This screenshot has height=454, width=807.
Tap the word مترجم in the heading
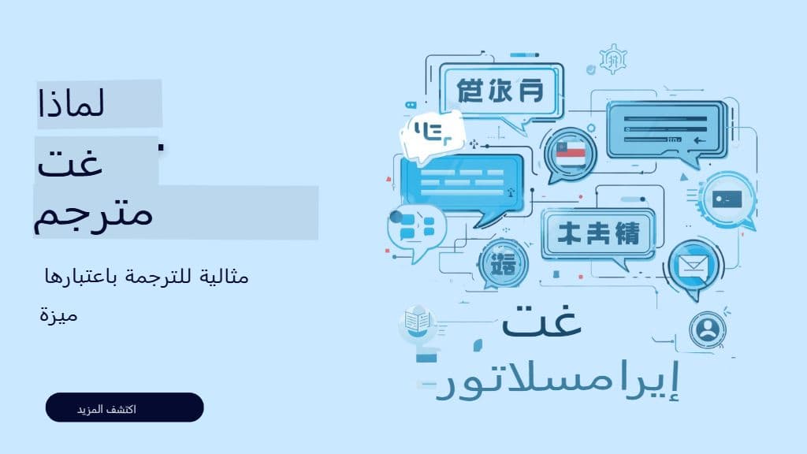94,212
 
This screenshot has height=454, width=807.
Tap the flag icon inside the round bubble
571,151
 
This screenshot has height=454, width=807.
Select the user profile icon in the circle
707,329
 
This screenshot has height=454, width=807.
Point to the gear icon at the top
612,59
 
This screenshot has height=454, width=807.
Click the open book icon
416,322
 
